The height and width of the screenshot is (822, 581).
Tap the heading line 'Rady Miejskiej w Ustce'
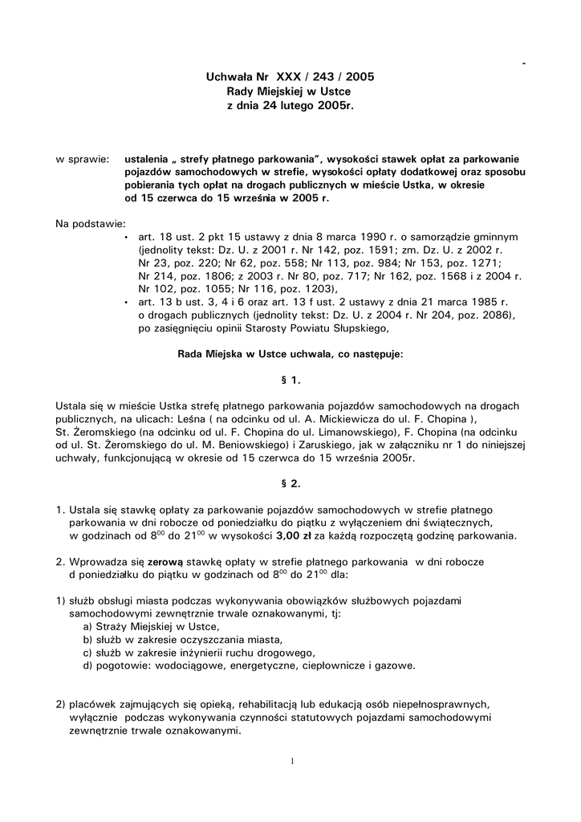(290, 92)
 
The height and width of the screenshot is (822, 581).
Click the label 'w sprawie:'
(83, 160)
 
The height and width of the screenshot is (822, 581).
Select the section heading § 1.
(290, 378)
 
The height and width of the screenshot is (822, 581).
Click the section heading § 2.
(290, 484)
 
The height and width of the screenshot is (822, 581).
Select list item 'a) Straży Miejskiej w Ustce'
(150, 627)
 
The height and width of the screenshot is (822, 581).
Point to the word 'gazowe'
(395, 665)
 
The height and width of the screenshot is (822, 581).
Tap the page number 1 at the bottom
(293, 761)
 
